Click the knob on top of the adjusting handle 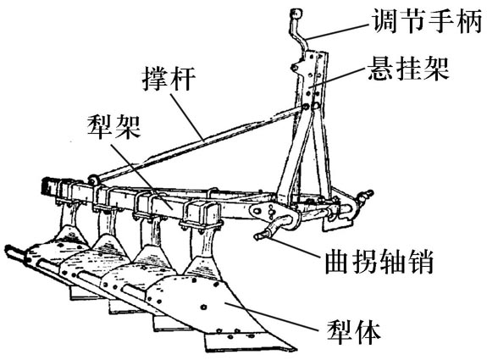[x=296, y=14]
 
